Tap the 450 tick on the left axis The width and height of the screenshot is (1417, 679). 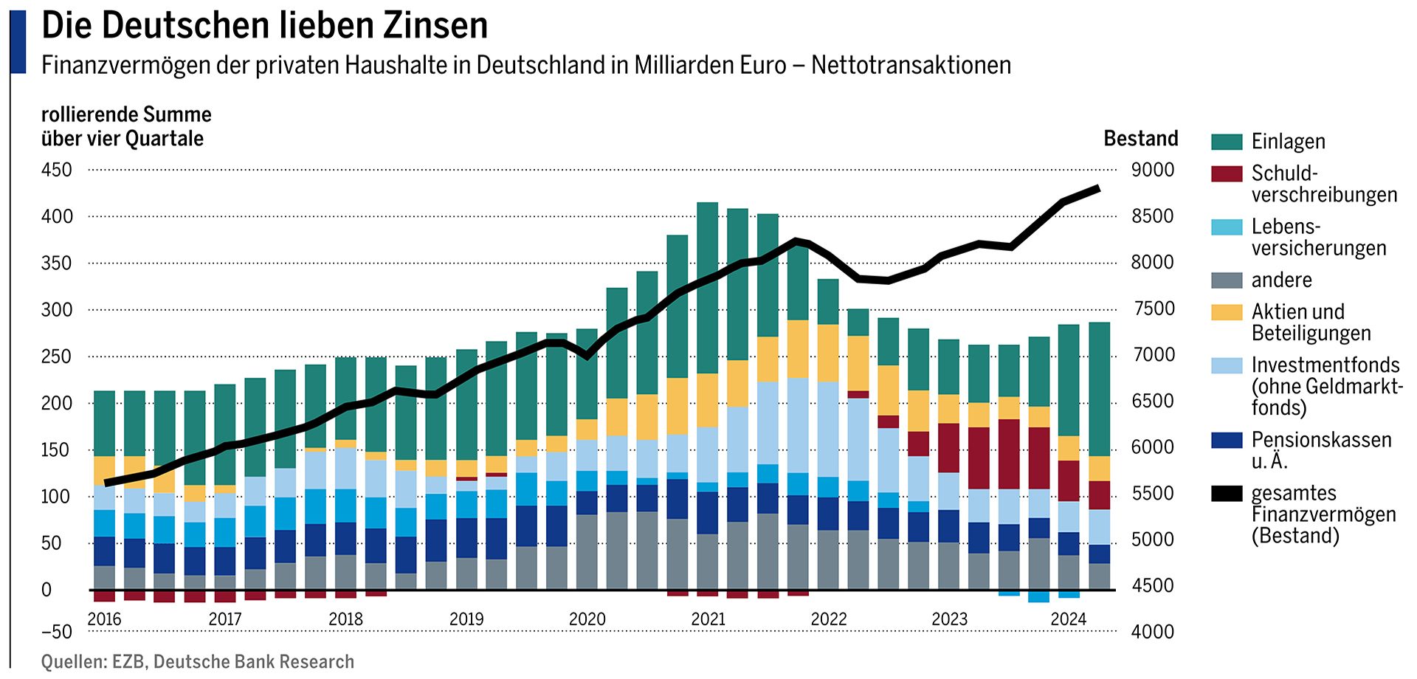pos(57,170)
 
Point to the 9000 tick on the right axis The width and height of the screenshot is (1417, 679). pos(1153,170)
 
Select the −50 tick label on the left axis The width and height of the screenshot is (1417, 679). pos(57,632)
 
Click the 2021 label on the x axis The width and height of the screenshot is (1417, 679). pos(708,619)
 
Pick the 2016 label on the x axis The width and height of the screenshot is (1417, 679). pos(104,619)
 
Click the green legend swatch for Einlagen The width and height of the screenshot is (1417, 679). pos(1227,142)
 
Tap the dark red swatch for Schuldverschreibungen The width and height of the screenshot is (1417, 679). pos(1227,173)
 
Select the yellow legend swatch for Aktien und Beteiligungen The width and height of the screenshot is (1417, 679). pos(1227,312)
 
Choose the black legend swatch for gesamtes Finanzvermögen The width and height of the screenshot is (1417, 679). pos(1227,494)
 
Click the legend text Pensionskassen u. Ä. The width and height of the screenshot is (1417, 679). pos(1320,450)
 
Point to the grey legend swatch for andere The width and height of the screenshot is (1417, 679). pos(1227,280)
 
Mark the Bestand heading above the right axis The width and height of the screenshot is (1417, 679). pos(1140,139)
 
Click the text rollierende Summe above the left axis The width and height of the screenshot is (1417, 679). pos(126,115)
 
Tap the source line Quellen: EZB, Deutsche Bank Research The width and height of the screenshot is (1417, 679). pos(198,662)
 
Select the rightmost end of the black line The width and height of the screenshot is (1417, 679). pos(1098,189)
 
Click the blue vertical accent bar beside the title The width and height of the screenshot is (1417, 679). pos(18,41)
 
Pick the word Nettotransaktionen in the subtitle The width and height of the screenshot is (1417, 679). pos(911,66)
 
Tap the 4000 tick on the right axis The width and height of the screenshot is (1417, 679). pos(1153,632)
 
